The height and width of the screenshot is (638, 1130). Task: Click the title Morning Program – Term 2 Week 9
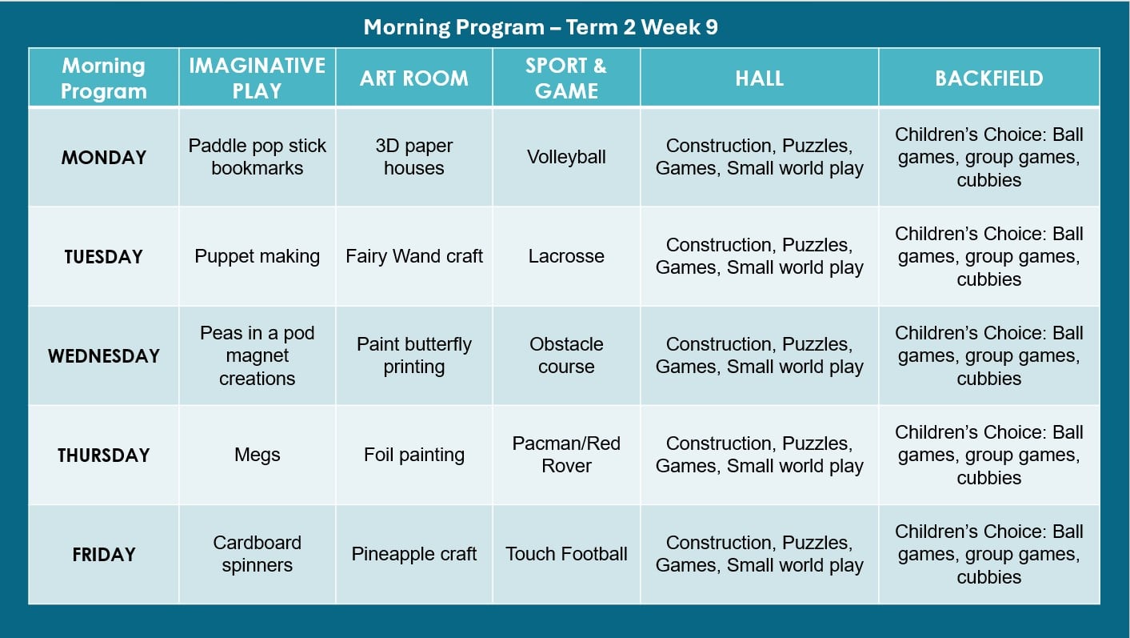tap(541, 27)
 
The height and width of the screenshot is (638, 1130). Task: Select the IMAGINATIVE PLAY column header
tap(258, 78)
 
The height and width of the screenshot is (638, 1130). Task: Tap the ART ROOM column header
tap(414, 78)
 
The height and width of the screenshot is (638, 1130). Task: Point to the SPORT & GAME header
tap(566, 78)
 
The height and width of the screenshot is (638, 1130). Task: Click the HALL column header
tap(759, 78)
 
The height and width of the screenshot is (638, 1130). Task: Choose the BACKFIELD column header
tap(988, 78)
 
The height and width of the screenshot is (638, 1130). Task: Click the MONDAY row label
tap(104, 158)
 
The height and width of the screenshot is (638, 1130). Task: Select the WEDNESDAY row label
tap(104, 356)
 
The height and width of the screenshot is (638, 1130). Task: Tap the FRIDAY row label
tap(104, 555)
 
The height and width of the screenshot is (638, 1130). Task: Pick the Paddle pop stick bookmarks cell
tap(258, 157)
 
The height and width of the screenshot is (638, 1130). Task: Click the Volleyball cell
tap(566, 157)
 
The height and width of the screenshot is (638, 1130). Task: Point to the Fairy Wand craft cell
tap(414, 256)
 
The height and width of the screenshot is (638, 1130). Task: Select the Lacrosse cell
tap(566, 256)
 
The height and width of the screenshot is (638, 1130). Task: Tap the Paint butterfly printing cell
tap(414, 355)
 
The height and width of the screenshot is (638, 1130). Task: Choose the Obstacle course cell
tap(566, 355)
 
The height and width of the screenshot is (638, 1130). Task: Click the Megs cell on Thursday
tap(258, 455)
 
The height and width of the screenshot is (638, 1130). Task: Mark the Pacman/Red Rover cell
tap(566, 455)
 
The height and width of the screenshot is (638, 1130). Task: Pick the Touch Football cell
tap(566, 554)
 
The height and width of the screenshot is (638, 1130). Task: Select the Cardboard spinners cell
tap(258, 554)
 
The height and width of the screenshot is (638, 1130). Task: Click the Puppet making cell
tap(258, 257)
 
